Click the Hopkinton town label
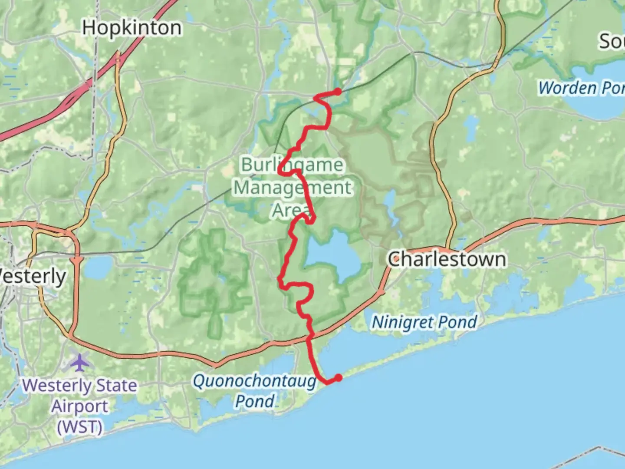click(x=132, y=28)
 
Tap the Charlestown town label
click(x=447, y=260)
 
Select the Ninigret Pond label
click(x=424, y=322)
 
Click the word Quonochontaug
click(x=255, y=381)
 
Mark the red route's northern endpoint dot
click(x=338, y=92)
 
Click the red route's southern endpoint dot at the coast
click(x=338, y=378)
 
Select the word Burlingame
click(x=292, y=165)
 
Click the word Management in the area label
click(x=293, y=188)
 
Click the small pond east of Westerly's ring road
click(x=97, y=267)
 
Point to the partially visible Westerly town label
click(x=33, y=277)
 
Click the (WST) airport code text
click(x=80, y=426)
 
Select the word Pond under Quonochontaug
click(x=255, y=401)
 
